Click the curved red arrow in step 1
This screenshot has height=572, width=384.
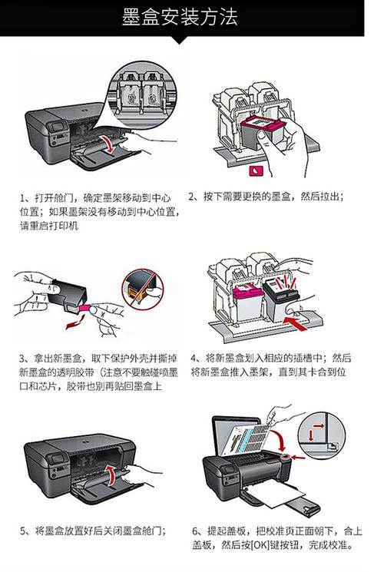tap(112, 144)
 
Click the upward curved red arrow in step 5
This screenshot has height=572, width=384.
tap(113, 474)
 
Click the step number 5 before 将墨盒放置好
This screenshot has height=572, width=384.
tap(23, 531)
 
